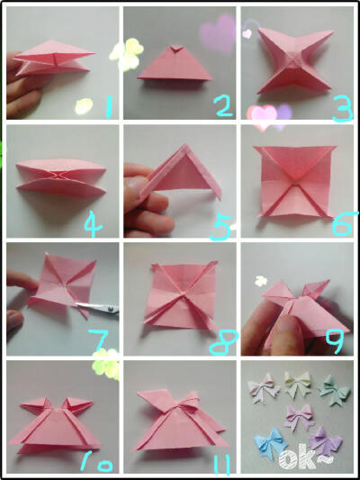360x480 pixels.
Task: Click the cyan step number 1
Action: coord(108,106)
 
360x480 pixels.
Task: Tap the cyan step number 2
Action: coord(224,106)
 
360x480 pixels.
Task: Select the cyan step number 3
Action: coord(343,109)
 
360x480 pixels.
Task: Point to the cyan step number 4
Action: coord(93,225)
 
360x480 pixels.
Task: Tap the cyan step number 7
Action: coord(100,340)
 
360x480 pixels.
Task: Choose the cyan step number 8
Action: coord(223,342)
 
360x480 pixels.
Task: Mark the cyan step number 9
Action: coord(335,341)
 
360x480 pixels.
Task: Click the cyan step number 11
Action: coord(222,464)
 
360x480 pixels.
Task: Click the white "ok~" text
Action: coord(306,457)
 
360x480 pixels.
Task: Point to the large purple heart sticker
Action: coord(218,33)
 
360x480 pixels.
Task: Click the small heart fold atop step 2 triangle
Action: coord(175,49)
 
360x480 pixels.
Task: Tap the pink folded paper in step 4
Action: coord(61,177)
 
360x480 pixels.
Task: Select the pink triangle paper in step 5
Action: coord(182,175)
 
